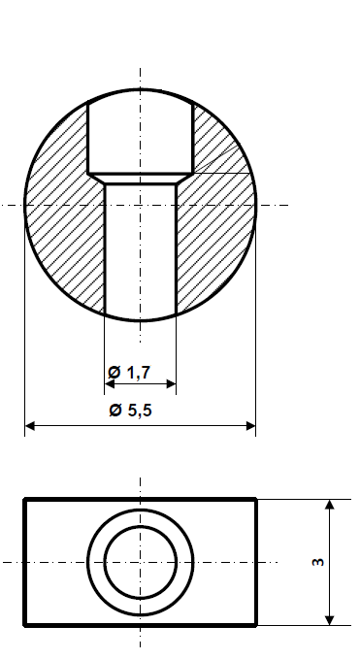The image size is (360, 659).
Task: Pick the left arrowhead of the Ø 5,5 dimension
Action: (x=29, y=426)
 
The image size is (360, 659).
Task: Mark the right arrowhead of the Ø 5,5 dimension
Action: (x=251, y=426)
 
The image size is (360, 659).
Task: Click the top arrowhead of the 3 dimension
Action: (x=330, y=504)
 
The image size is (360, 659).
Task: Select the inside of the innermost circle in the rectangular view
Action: (x=141, y=562)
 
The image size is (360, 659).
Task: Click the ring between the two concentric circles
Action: (x=96, y=562)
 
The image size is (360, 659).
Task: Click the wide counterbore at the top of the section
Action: (x=141, y=136)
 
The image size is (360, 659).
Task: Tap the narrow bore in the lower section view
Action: (x=141, y=252)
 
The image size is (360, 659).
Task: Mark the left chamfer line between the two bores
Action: (x=96, y=179)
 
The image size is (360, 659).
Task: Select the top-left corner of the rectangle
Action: (x=25, y=499)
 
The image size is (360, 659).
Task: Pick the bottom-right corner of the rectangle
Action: (x=256, y=625)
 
